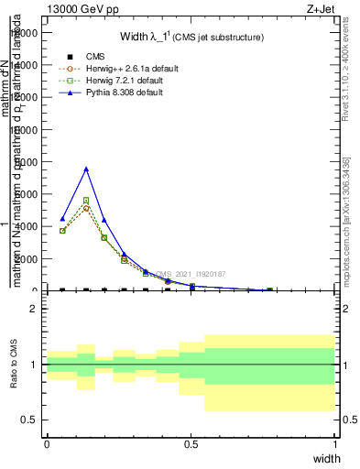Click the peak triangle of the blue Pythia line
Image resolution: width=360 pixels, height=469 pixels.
click(x=86, y=169)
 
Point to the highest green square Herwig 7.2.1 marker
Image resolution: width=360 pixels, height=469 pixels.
click(x=86, y=200)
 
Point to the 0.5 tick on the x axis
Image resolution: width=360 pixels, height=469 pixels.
click(x=191, y=444)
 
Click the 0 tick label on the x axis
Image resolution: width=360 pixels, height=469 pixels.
click(x=47, y=444)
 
